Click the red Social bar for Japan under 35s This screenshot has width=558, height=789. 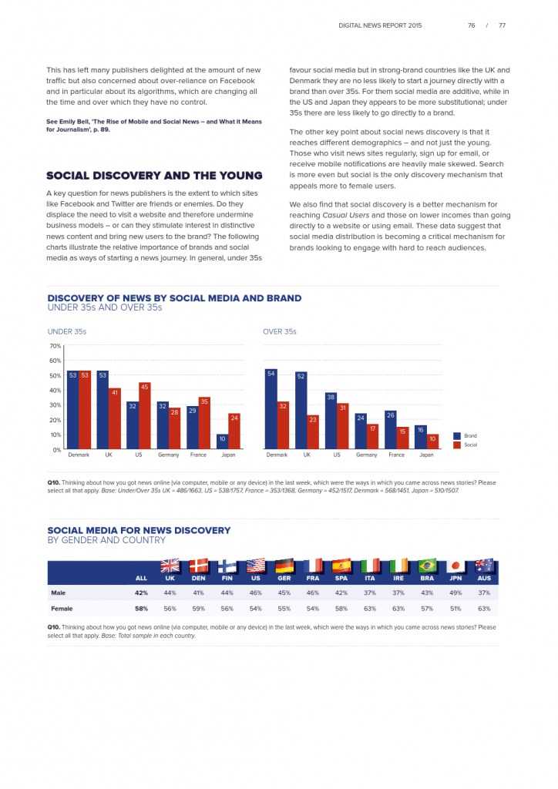(x=234, y=431)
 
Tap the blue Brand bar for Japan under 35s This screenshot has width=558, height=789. (x=222, y=442)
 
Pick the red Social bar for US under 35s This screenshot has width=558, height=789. (x=144, y=415)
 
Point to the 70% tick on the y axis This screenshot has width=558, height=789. (x=55, y=346)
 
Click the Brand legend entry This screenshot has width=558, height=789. (x=469, y=436)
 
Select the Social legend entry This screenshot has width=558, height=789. (x=469, y=445)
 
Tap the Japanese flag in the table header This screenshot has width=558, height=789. (x=455, y=566)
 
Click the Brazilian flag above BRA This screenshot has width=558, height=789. (x=427, y=566)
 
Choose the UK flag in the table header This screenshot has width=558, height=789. (x=170, y=566)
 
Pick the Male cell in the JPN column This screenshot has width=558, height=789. (x=455, y=593)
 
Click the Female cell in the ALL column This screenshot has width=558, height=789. (x=141, y=609)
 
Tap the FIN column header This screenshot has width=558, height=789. (x=227, y=578)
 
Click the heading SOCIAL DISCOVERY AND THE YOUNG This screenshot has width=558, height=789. (x=154, y=176)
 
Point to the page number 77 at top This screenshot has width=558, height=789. (x=503, y=25)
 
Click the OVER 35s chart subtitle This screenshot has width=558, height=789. (x=280, y=332)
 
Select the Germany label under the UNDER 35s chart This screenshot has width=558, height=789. (x=169, y=455)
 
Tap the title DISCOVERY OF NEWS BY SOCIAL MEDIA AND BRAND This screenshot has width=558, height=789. (x=174, y=298)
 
